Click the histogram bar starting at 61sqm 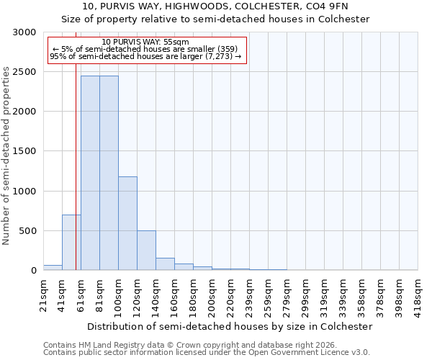coord(90,173)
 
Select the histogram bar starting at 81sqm coord(109,173)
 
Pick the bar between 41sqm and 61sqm coord(71,243)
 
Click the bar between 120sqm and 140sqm coord(146,251)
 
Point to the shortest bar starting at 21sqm coord(53,268)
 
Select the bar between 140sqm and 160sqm coord(165,264)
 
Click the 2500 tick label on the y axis coord(23,72)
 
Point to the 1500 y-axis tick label coord(23,152)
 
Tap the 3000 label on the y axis coord(23,32)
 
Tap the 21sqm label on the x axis coord(44,294)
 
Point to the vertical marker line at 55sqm coord(76,144)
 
